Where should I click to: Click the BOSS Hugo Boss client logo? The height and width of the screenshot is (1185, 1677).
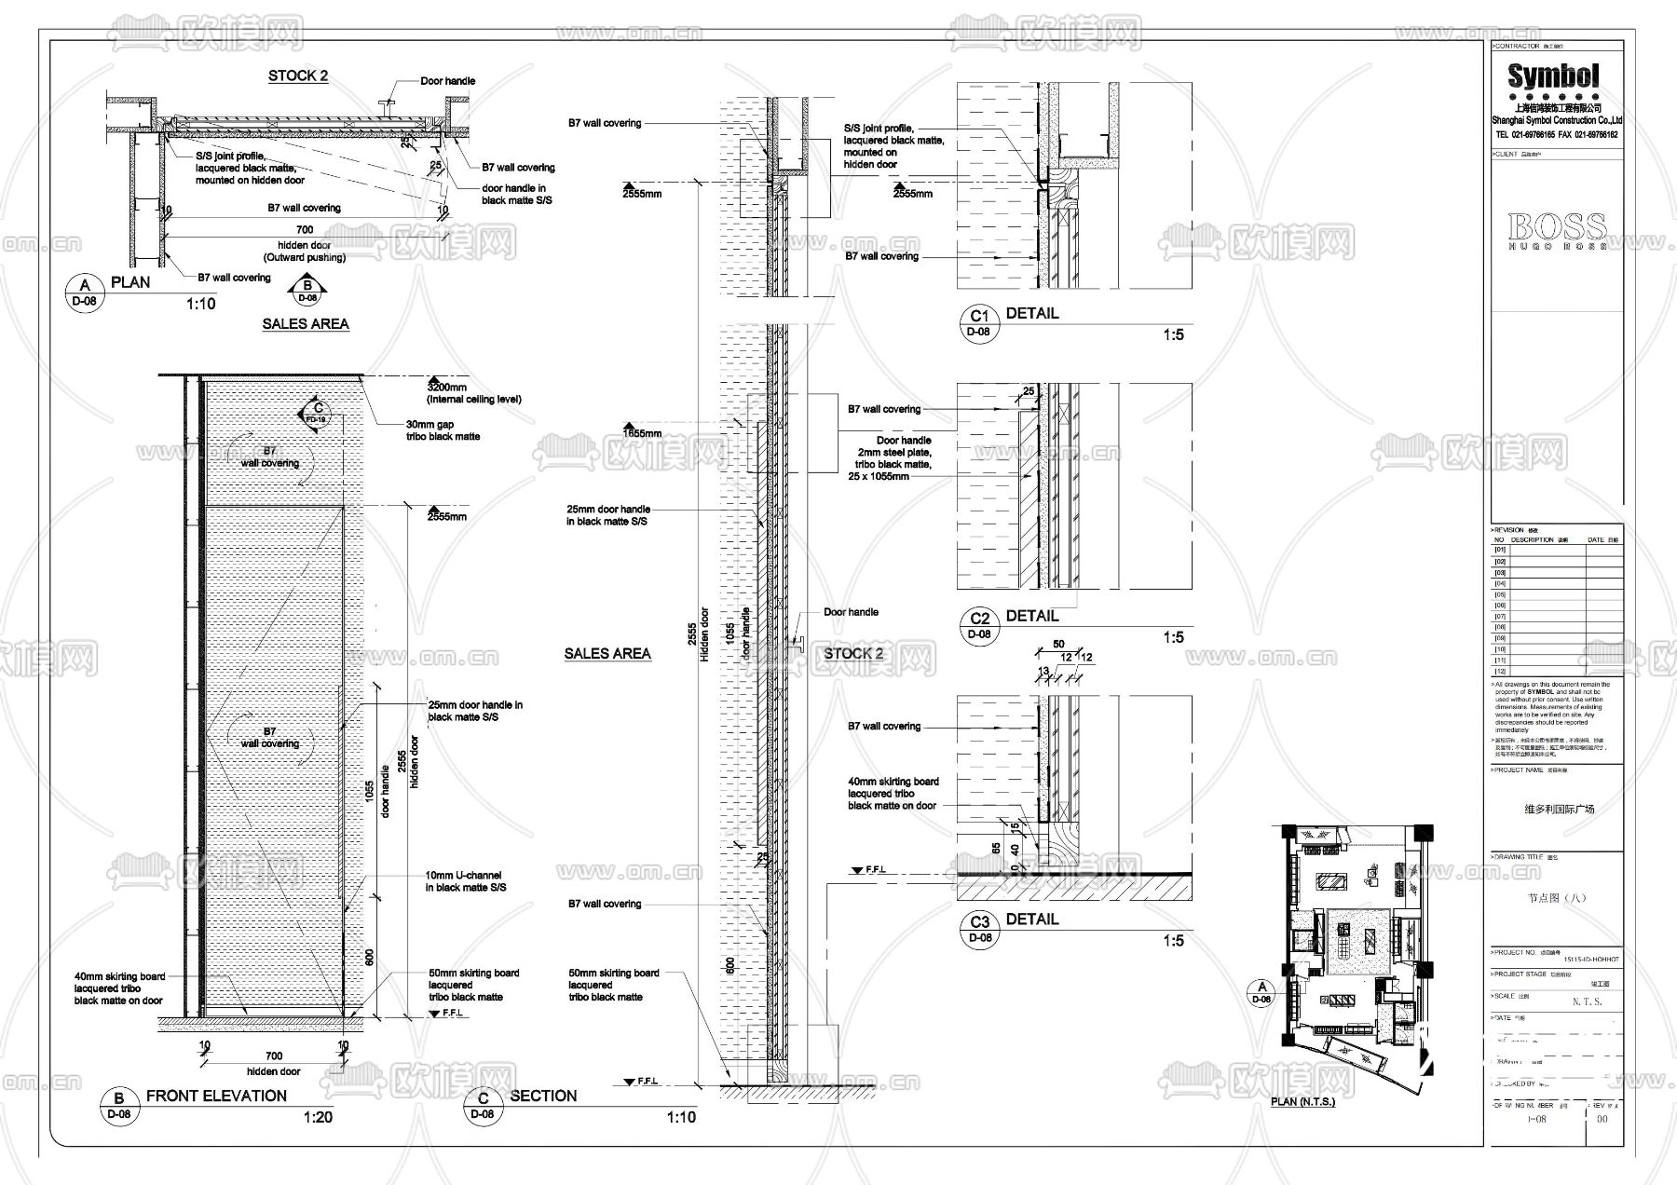(x=1557, y=230)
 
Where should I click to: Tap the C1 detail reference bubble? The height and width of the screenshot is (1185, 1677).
(x=978, y=322)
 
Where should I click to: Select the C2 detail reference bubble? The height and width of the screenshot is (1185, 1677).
(x=978, y=625)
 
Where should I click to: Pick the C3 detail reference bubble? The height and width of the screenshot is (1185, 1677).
(x=979, y=929)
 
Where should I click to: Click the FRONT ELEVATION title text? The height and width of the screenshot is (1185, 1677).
(x=216, y=1096)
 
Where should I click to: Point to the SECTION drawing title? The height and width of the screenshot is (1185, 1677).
(x=543, y=1096)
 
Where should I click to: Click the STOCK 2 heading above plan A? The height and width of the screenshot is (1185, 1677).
(x=297, y=76)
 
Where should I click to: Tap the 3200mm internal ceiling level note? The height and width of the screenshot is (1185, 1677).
(x=472, y=392)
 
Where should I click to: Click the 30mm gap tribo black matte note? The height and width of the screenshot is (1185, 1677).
(x=443, y=429)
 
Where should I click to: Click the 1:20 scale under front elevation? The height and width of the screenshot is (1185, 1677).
(x=318, y=1117)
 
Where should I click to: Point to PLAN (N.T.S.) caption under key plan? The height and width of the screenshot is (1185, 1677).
(x=1302, y=1102)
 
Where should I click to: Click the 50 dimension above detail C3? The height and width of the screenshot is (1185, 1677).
(x=1058, y=645)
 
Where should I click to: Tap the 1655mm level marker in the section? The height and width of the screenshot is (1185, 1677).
(x=642, y=433)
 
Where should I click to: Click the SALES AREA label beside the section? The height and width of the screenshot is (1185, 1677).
(x=607, y=654)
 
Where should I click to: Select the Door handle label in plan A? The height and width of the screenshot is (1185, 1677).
(x=447, y=81)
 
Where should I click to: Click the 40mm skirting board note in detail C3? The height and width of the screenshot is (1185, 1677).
(x=893, y=794)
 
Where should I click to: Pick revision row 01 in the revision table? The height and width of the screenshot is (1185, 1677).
(x=1500, y=550)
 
